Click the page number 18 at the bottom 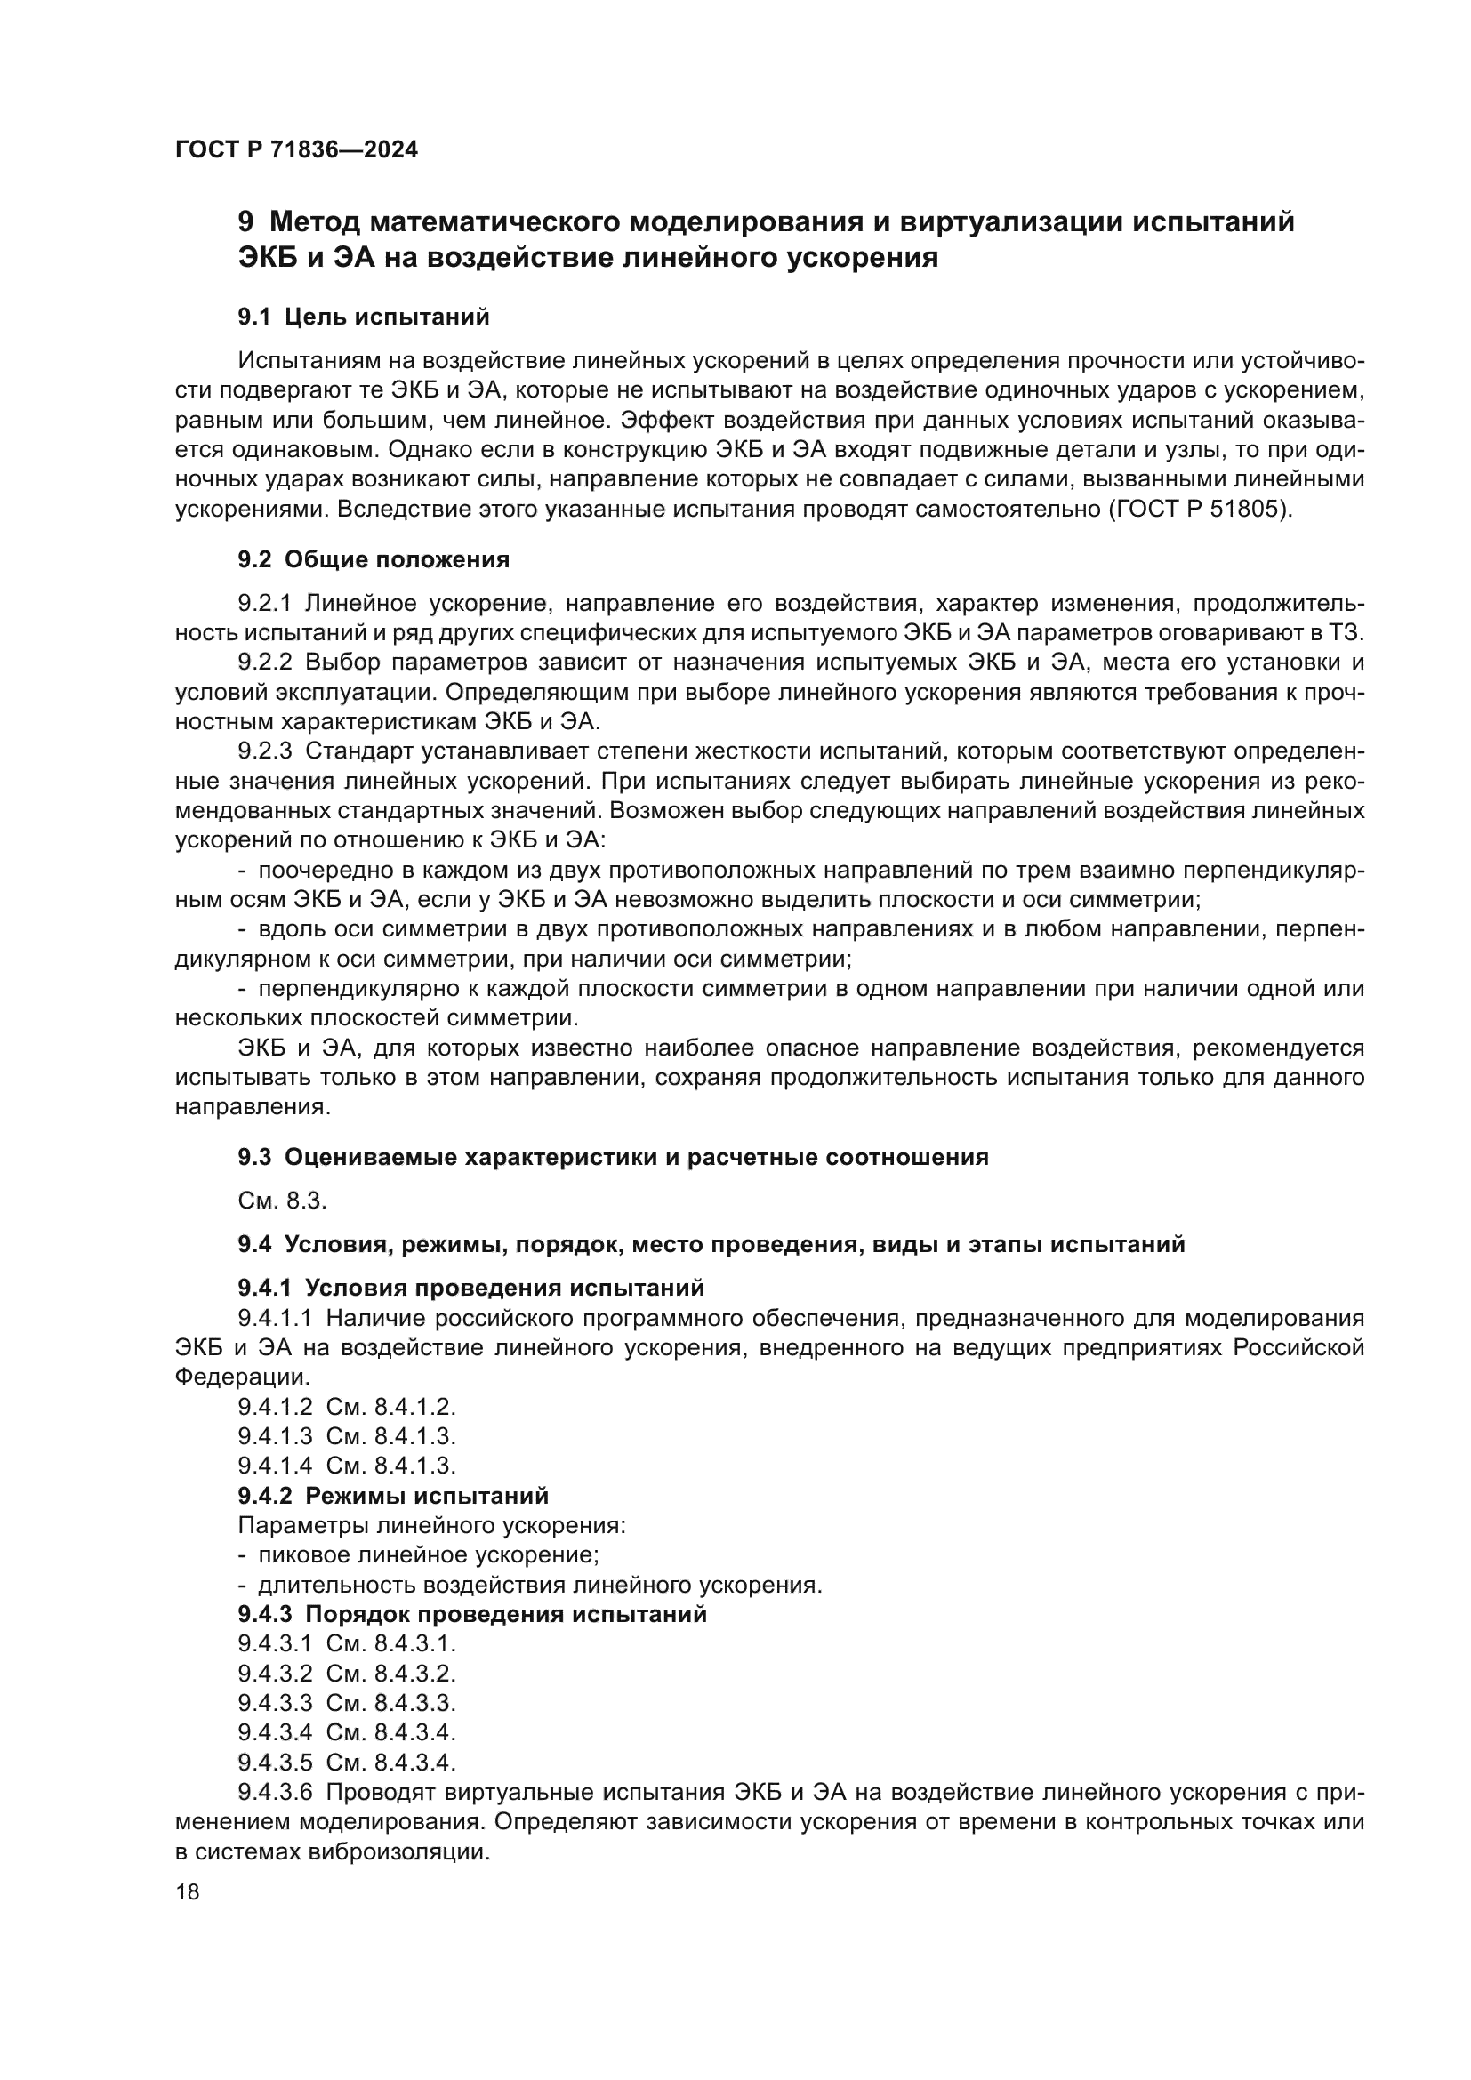(188, 1891)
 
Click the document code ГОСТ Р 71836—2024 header (296, 150)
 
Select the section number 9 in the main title (245, 222)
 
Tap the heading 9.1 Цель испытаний (364, 317)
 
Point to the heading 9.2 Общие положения (374, 560)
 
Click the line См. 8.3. (282, 1201)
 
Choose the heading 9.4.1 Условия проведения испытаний (471, 1288)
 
